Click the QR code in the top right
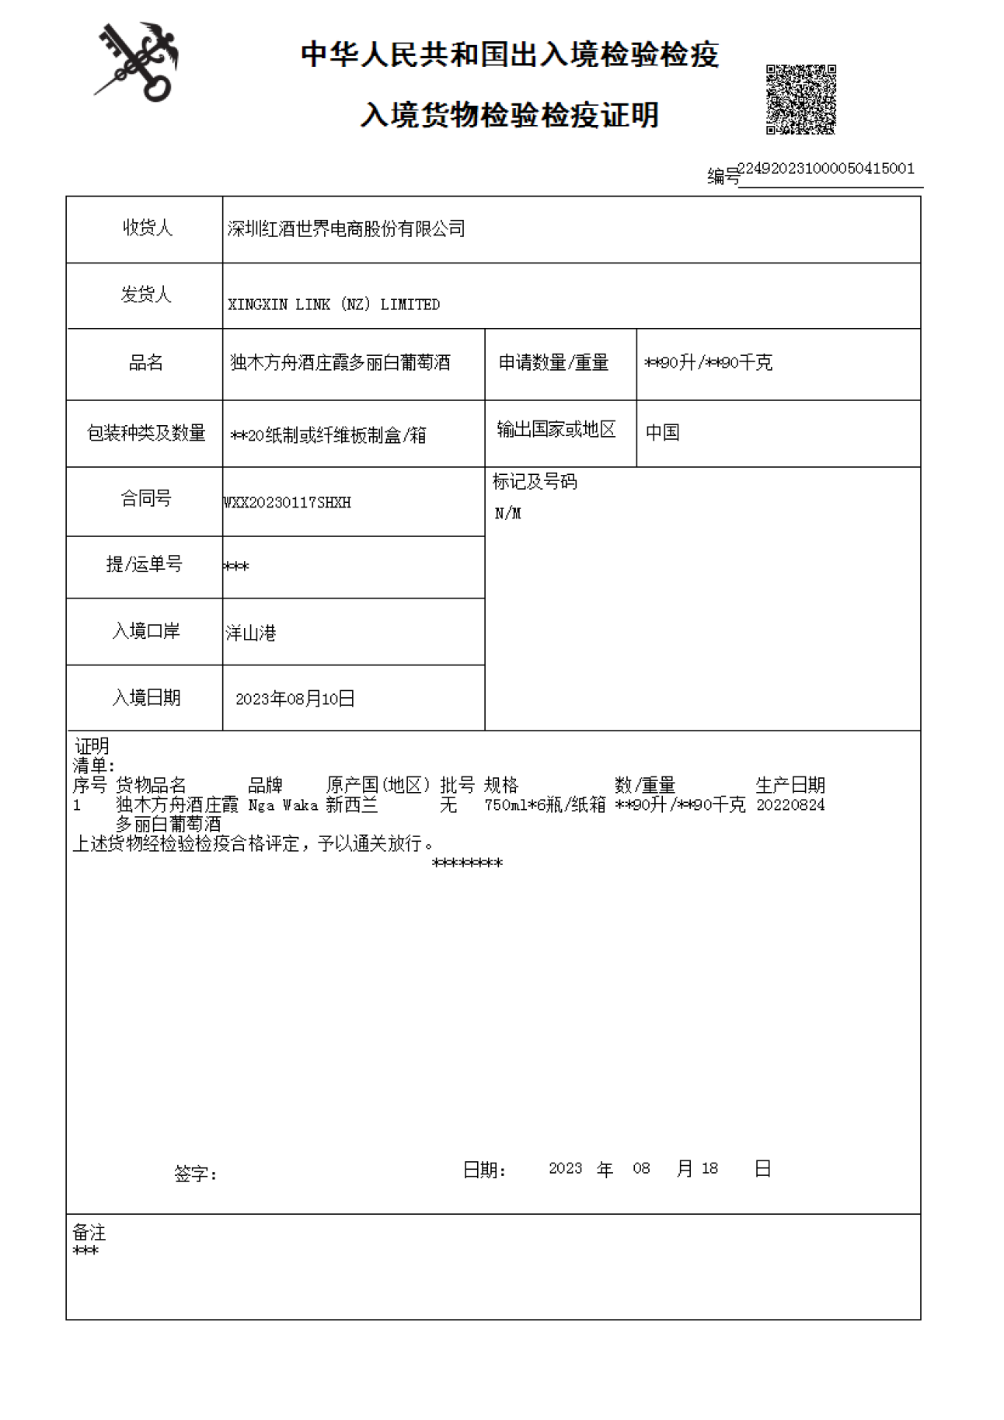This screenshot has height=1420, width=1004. tap(800, 99)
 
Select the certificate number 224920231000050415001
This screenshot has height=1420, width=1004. tap(825, 169)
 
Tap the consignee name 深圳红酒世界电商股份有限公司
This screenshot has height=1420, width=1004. tap(346, 229)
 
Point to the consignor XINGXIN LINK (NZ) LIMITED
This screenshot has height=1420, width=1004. tap(333, 305)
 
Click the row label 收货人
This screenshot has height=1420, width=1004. tap(146, 228)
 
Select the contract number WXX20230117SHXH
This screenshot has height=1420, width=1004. tap(288, 503)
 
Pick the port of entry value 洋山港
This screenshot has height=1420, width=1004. tap(250, 633)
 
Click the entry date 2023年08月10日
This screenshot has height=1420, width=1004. tap(295, 699)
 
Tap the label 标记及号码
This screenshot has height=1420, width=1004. tap(535, 482)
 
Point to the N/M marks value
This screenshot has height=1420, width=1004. tap(507, 514)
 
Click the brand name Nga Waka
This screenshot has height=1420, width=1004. tap(283, 805)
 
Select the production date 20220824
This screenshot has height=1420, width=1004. tap(790, 805)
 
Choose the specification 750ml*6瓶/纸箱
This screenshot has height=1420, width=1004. tap(544, 805)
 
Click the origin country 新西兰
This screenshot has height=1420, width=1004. tap(351, 805)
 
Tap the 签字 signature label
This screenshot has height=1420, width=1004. tap(195, 1174)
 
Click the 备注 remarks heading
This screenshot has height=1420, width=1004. tap(89, 1233)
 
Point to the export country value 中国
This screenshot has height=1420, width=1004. tap(662, 432)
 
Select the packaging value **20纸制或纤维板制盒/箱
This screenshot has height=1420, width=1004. tap(328, 435)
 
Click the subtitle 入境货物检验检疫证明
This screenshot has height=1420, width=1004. tap(509, 115)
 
